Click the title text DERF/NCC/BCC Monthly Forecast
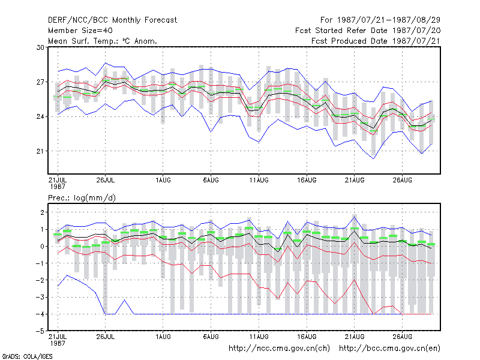(x=112, y=20)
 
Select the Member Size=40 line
(x=80, y=31)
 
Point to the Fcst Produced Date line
(x=376, y=41)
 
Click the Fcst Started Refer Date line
(x=368, y=31)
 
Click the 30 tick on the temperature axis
(x=40, y=47)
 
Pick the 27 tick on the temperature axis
(x=40, y=82)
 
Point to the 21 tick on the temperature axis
(x=40, y=151)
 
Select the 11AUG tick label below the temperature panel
(x=259, y=180)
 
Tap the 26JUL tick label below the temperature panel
(x=106, y=180)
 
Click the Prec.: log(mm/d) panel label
(x=82, y=198)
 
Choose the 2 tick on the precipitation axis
(x=42, y=212)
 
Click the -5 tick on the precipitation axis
(x=40, y=331)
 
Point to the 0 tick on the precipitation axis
(x=42, y=247)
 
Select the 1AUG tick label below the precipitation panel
(x=163, y=337)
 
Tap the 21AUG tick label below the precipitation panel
(x=355, y=337)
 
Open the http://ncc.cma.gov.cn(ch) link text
(x=279, y=349)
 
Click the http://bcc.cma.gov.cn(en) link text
(x=389, y=349)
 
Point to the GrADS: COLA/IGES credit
(x=27, y=356)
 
